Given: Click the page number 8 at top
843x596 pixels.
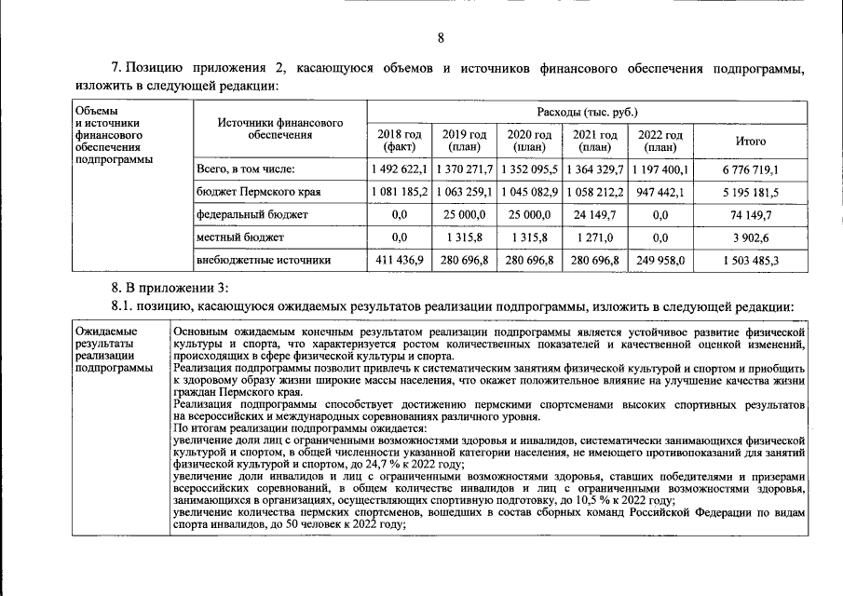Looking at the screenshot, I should point(442,37).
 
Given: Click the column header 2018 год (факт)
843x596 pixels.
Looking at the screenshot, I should point(398,141).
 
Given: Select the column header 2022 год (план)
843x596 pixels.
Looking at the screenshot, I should point(660,141).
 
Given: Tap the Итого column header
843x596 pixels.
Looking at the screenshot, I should point(751,142).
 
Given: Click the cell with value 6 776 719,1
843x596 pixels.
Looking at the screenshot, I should point(751,170).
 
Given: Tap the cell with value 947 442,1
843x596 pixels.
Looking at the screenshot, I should point(660,193).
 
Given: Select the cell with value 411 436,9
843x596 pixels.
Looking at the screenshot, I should point(400,261).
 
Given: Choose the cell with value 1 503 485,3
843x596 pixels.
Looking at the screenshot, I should point(751,261).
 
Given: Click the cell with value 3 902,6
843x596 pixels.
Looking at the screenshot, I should point(751,237).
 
